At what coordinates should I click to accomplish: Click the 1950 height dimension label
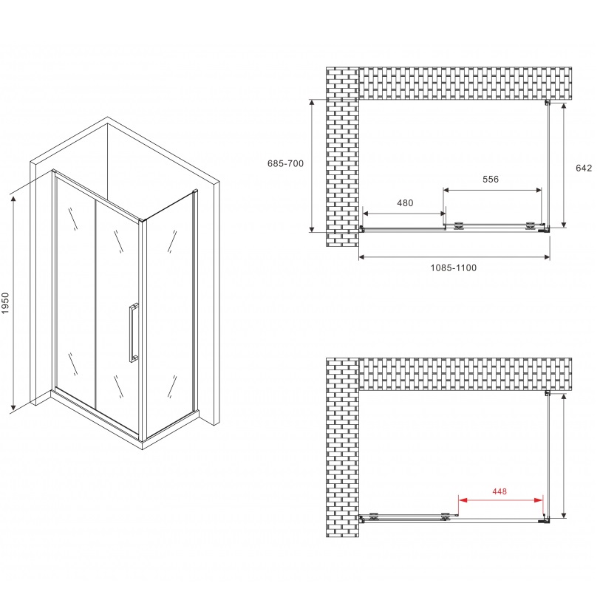[x=6, y=303]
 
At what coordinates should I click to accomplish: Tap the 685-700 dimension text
[x=285, y=163]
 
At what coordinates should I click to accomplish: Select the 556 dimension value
[x=491, y=180]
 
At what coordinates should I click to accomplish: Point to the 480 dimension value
[x=405, y=203]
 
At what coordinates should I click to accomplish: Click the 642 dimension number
[x=584, y=168]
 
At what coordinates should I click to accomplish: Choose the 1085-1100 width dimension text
[x=454, y=267]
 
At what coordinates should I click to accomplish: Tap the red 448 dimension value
[x=501, y=489]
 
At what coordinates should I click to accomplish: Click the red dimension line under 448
[x=501, y=500]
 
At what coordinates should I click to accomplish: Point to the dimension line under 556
[x=491, y=190]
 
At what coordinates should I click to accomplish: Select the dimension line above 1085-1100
[x=454, y=257]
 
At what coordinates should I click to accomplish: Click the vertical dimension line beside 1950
[x=13, y=303]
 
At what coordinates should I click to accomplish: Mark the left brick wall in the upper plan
[x=341, y=155]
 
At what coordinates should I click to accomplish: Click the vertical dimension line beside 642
[x=565, y=164]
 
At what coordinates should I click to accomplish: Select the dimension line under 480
[x=403, y=214]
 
